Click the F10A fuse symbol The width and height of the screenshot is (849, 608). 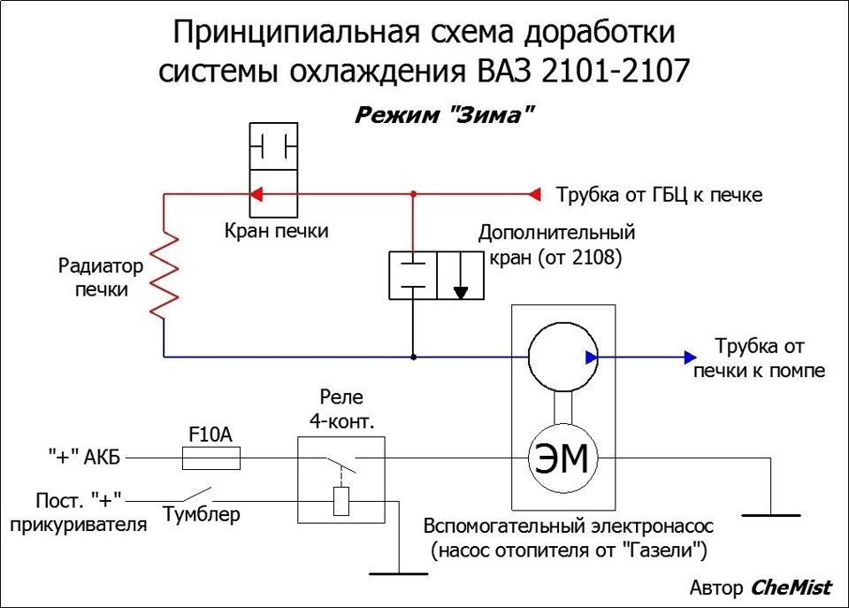(x=211, y=458)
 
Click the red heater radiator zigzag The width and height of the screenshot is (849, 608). (x=164, y=275)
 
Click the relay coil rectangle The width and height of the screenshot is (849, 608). (x=341, y=501)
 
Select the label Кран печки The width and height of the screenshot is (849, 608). (x=276, y=230)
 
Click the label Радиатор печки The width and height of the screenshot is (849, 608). (x=101, y=277)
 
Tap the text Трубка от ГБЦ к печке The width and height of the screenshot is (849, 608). (x=660, y=195)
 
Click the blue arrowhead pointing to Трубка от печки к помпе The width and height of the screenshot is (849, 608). (x=691, y=358)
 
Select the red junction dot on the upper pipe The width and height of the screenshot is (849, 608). (x=413, y=194)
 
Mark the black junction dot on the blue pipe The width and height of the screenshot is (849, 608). (x=413, y=358)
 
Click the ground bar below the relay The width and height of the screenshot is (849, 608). (x=399, y=573)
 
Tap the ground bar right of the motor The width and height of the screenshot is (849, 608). (x=771, y=515)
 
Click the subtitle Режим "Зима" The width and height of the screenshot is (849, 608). (x=444, y=115)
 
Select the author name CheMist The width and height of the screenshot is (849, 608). (x=791, y=588)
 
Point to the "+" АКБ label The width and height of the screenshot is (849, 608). (x=84, y=457)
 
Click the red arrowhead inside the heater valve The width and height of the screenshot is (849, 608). (x=256, y=194)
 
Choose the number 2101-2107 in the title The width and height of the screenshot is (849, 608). (x=616, y=71)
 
